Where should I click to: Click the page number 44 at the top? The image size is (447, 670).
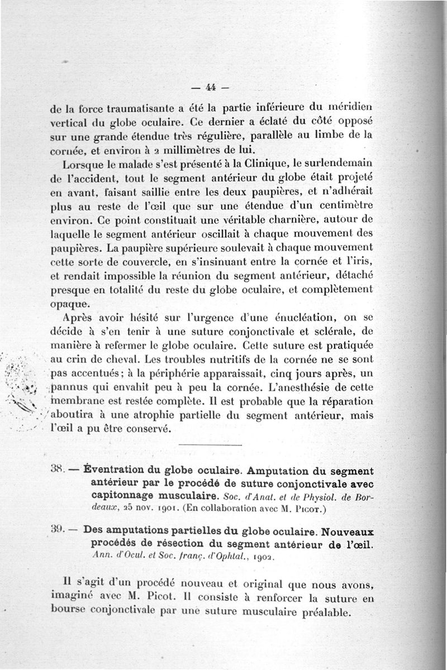coord(211,87)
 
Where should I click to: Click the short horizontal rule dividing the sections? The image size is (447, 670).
coord(211,444)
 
